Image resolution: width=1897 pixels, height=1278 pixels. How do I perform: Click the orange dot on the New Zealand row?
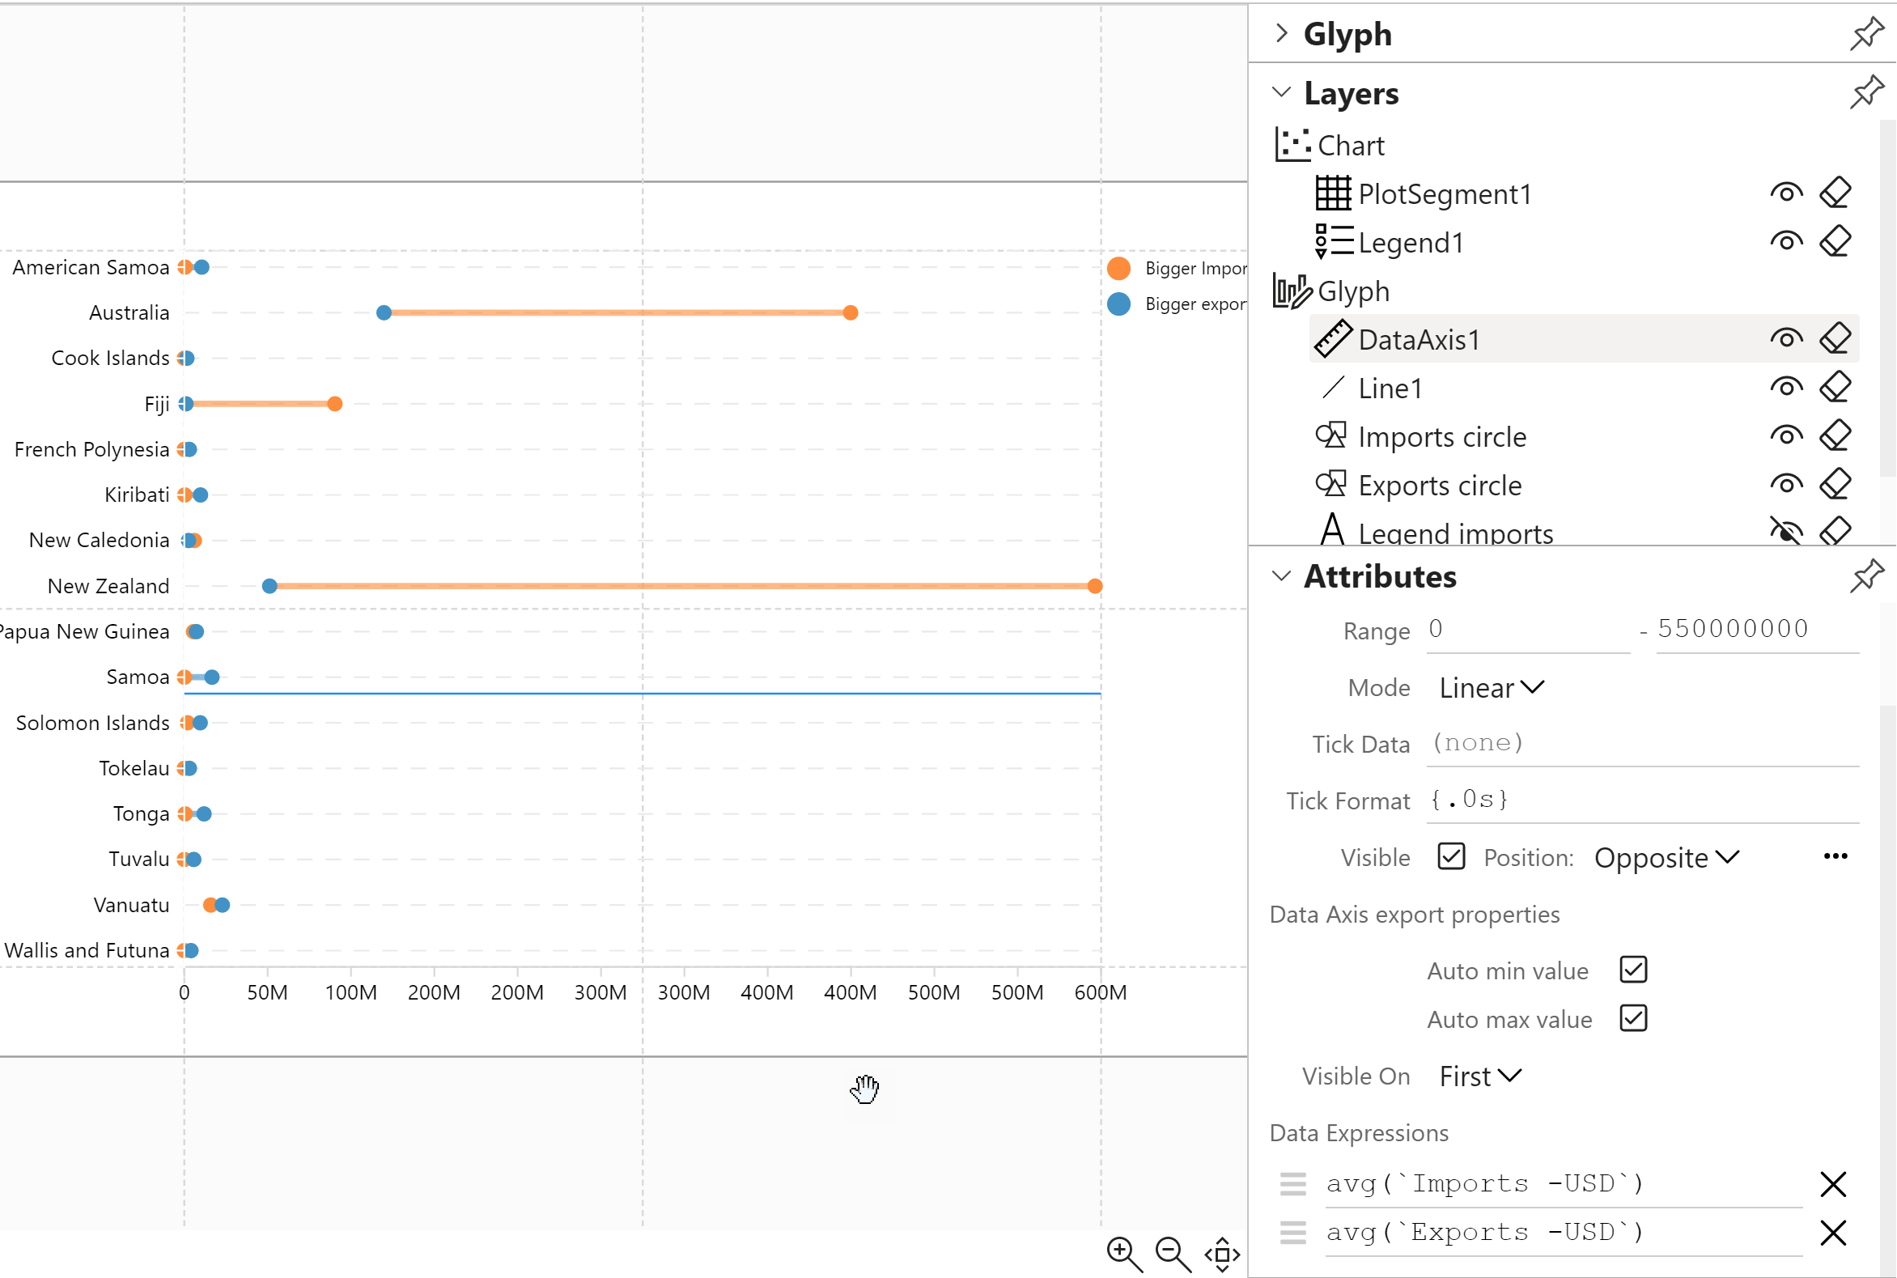point(1094,586)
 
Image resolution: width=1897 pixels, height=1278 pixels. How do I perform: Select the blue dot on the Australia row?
point(384,313)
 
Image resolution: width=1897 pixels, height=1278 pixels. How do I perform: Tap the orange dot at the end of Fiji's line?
point(335,404)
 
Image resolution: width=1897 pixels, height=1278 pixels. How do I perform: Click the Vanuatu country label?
point(131,905)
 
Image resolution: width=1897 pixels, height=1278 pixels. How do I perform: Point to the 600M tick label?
point(1100,993)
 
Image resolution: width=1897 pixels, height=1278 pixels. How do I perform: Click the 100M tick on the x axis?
point(351,993)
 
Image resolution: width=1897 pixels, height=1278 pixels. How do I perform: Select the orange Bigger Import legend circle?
point(1118,268)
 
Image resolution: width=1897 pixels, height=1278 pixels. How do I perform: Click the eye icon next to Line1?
point(1785,387)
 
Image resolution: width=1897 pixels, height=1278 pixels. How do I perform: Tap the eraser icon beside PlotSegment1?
point(1834,193)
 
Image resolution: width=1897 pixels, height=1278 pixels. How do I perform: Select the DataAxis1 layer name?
point(1419,340)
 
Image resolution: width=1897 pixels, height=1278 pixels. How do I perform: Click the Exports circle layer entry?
point(1439,486)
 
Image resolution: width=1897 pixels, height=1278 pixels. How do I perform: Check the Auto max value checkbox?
point(1633,1018)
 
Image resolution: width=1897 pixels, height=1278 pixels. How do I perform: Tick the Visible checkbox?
point(1451,856)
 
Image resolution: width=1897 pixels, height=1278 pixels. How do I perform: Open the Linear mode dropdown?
point(1491,688)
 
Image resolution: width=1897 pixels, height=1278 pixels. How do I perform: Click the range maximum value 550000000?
point(1733,629)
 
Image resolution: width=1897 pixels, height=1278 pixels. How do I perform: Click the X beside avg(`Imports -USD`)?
point(1832,1183)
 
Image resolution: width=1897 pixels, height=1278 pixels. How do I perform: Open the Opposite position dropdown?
point(1666,857)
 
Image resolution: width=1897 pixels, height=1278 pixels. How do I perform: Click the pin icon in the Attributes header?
point(1866,576)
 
